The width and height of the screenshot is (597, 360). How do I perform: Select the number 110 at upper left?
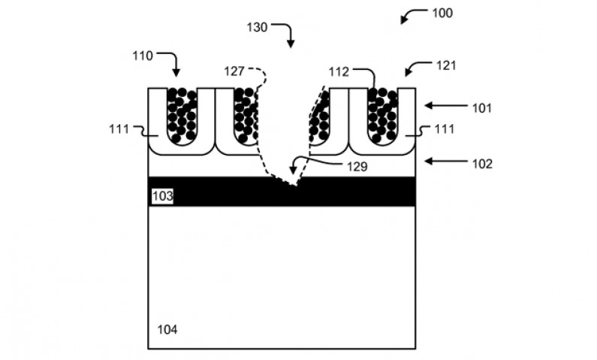coord(143,55)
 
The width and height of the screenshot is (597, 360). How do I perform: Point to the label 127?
coord(234,71)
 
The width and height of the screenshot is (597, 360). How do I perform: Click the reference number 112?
coord(339,71)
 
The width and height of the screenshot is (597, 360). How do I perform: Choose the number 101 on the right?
coord(481,107)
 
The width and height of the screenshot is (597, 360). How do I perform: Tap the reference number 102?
coord(481,163)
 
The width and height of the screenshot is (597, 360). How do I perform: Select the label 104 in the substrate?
coord(167,329)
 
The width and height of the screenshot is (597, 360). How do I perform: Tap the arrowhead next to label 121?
coord(408,73)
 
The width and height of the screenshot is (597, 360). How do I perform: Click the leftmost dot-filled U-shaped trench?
coord(181,115)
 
